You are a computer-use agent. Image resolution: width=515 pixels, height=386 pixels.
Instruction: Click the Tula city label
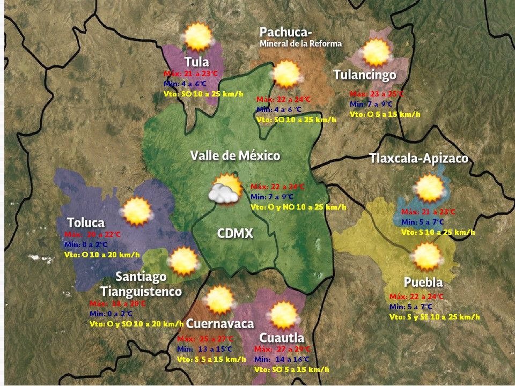[196, 61]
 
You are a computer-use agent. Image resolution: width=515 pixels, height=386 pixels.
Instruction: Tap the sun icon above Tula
[198, 36]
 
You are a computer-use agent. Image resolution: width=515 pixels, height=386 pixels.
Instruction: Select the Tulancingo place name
[365, 75]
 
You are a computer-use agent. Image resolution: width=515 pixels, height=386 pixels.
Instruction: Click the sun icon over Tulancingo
[376, 53]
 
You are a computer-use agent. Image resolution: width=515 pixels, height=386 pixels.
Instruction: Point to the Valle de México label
[235, 156]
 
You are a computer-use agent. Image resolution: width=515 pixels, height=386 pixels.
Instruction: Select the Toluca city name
[86, 222]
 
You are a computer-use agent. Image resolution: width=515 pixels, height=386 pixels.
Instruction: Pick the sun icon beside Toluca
[137, 211]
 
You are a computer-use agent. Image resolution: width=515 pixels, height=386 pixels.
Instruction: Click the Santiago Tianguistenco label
[141, 284]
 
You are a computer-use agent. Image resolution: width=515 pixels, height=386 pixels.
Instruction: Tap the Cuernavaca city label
[219, 324]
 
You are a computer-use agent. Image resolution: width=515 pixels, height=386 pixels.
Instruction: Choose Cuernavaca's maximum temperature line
[205, 339]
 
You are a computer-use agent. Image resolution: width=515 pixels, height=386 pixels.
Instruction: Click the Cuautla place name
[282, 338]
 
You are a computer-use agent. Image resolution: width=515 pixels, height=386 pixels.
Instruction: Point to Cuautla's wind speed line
[291, 369]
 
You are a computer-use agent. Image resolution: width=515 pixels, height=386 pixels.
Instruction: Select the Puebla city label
[423, 283]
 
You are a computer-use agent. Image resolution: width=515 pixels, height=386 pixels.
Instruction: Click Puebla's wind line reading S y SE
[435, 317]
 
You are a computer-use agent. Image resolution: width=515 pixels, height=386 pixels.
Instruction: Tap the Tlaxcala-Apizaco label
[418, 159]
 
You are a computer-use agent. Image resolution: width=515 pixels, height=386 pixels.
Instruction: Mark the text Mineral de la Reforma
[300, 43]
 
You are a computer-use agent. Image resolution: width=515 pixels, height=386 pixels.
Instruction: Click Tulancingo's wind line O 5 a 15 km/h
[385, 114]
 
